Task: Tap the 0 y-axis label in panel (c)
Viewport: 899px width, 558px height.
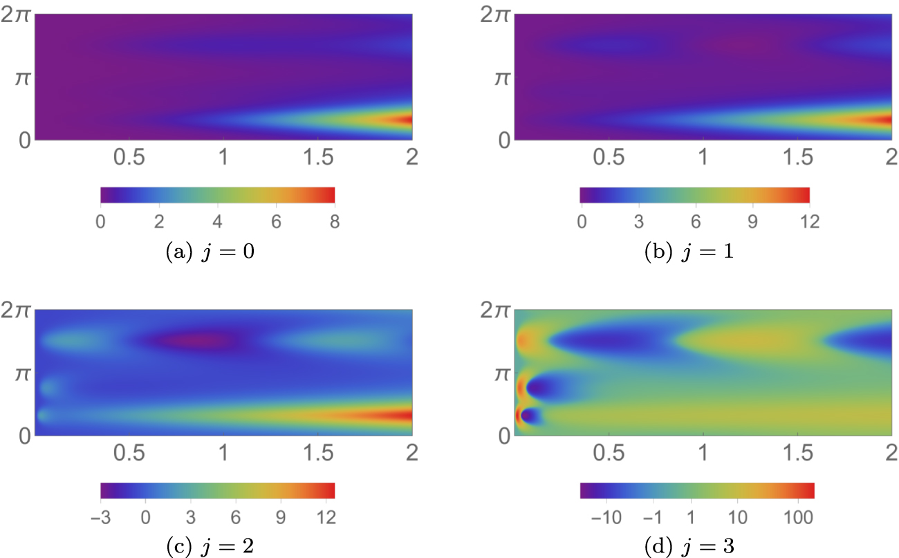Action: [x=21, y=436]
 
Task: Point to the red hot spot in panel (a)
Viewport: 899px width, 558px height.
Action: [x=407, y=120]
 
